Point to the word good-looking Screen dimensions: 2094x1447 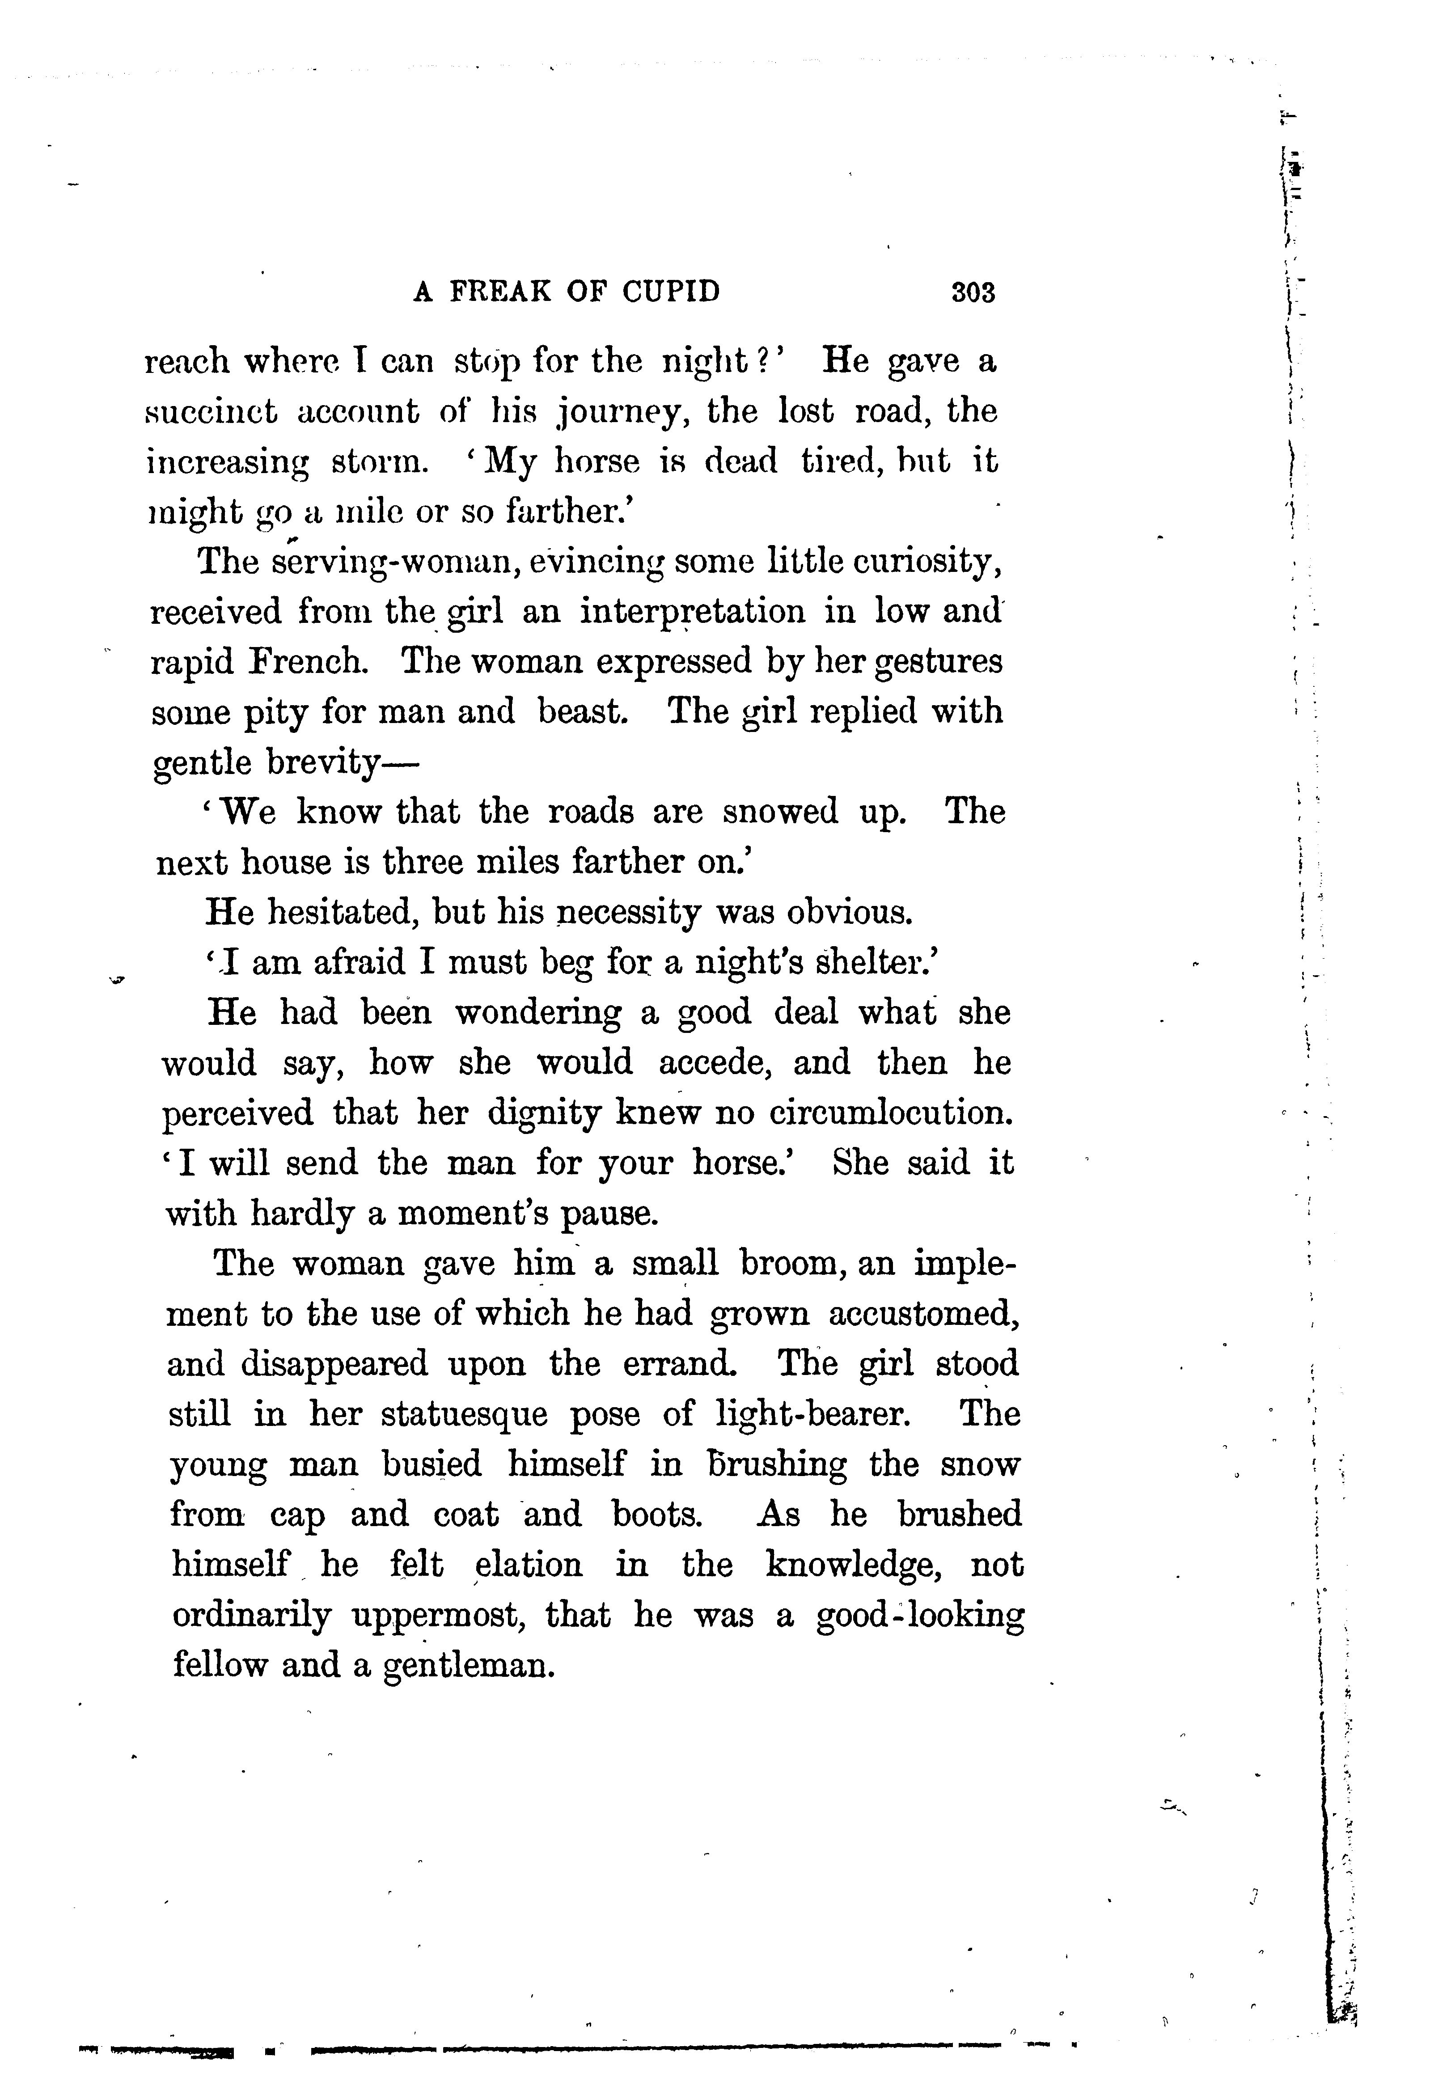tap(920, 1616)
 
